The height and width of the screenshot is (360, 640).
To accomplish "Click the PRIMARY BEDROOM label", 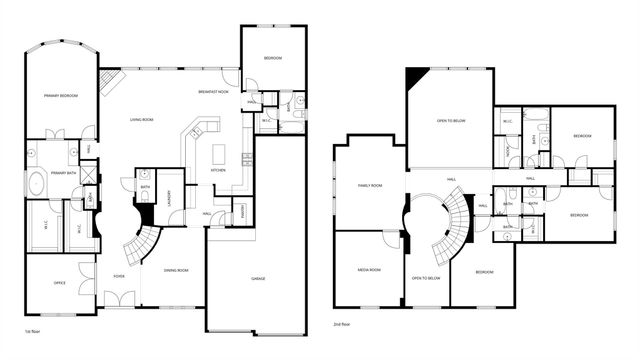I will point(60,95).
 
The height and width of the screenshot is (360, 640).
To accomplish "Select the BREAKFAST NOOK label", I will point(214,91).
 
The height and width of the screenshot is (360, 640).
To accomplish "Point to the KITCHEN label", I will point(217,170).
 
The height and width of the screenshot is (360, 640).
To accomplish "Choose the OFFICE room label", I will point(59,283).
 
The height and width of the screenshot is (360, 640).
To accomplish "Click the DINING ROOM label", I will point(177,270).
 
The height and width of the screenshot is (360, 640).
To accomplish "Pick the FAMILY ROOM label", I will point(371,185).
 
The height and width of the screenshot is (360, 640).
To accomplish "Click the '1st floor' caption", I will point(33,328).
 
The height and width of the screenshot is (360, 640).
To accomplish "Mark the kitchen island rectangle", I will point(219,155).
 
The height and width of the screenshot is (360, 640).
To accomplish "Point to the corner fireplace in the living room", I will point(111,80).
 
